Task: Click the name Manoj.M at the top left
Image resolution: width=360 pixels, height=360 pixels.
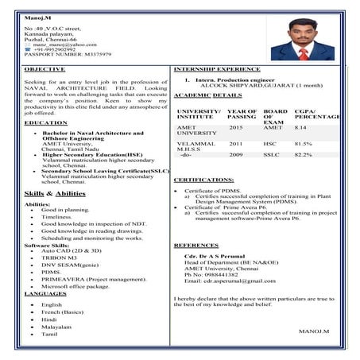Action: (x=36, y=15)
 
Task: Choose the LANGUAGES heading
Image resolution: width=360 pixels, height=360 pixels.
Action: (x=45, y=293)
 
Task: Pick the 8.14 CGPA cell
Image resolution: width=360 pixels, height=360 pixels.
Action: (x=300, y=127)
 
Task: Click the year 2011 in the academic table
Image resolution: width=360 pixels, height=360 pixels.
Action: (x=236, y=144)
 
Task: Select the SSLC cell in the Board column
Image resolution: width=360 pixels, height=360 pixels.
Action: (x=273, y=154)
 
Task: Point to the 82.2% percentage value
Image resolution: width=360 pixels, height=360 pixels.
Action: (x=304, y=154)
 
